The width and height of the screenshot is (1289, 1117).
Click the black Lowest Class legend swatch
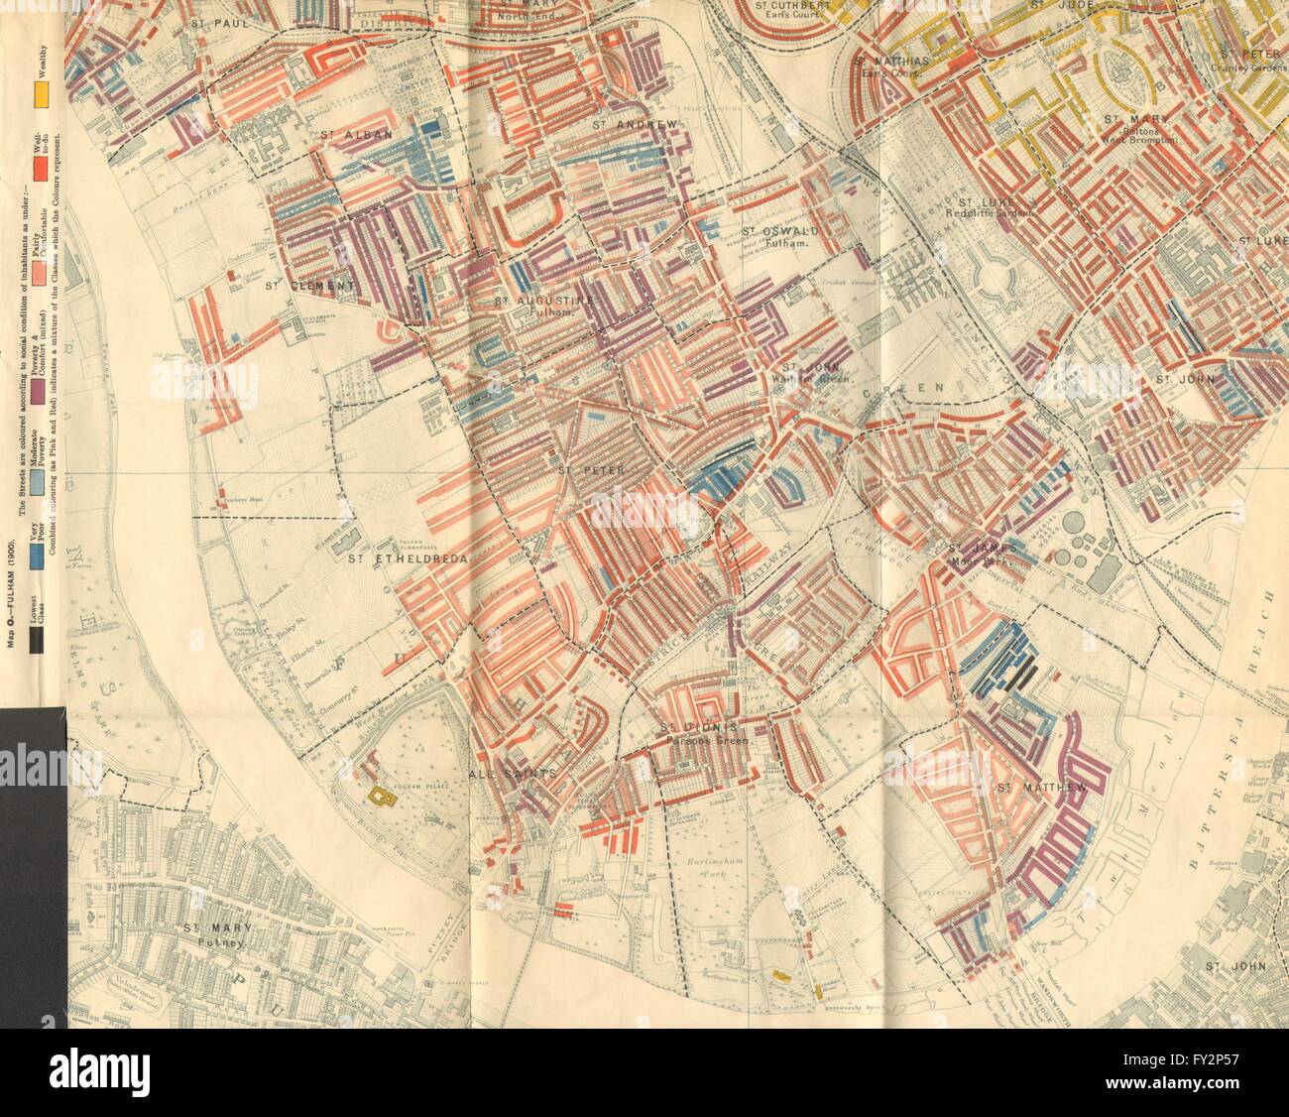coord(37,643)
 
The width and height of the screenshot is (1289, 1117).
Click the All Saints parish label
coord(507,772)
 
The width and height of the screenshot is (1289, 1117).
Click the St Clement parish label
coord(309,288)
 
